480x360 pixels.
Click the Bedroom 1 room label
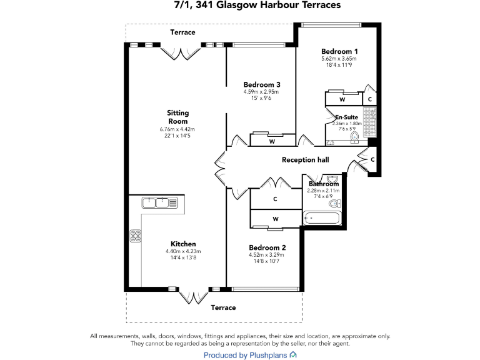point(340,51)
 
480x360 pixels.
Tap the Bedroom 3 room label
point(261,84)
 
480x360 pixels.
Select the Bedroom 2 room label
point(267,247)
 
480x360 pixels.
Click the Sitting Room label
point(177,117)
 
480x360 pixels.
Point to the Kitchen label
point(183,244)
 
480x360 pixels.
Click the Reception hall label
point(305,160)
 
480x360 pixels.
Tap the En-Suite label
point(346,117)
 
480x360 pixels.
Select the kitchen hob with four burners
point(135,236)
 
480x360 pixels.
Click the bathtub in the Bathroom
point(321,218)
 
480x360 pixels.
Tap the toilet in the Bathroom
point(334,203)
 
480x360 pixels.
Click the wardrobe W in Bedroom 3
point(272,141)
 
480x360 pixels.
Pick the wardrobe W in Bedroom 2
point(275,219)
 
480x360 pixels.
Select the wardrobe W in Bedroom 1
point(342,99)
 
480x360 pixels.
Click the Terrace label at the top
point(183,32)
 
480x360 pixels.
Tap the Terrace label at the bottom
point(223,307)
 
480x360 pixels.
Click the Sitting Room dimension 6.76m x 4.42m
point(177,129)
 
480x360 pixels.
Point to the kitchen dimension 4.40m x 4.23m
point(183,252)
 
